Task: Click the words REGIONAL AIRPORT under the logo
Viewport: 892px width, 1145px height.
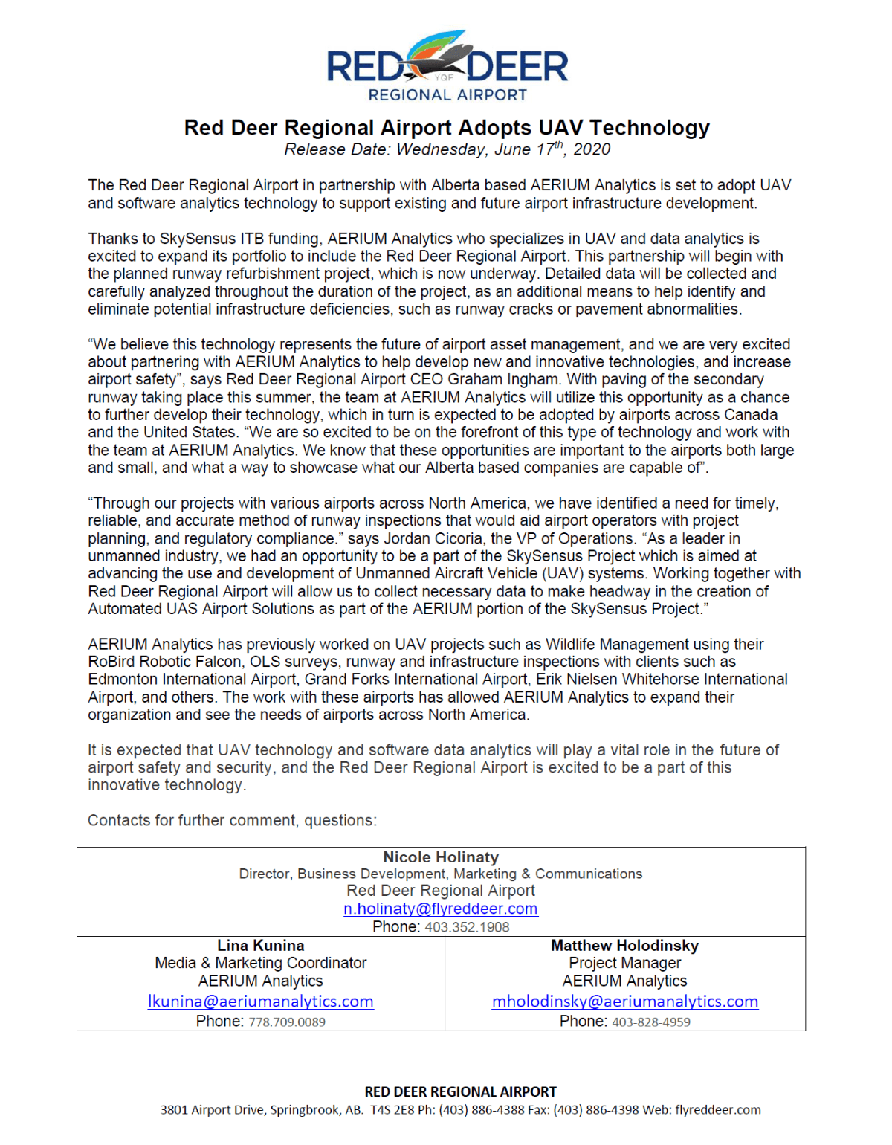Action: click(447, 95)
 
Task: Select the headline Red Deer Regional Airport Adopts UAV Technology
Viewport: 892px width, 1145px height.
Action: click(447, 128)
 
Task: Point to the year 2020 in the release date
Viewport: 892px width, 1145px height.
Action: click(592, 149)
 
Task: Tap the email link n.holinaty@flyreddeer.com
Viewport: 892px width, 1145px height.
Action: click(440, 909)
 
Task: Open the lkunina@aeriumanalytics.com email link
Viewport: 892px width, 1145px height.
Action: click(260, 1002)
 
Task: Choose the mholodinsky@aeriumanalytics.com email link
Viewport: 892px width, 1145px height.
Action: click(624, 1002)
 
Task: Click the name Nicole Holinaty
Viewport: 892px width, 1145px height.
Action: click(441, 857)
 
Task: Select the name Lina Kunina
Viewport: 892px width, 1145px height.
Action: click(260, 946)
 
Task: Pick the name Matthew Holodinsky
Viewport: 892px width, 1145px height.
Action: click(624, 946)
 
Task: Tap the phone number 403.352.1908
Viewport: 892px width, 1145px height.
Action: click(467, 927)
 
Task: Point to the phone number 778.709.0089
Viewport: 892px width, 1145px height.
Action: click(287, 1022)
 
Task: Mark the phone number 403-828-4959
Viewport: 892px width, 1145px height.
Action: click(651, 1022)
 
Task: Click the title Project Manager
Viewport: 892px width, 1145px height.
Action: click(624, 963)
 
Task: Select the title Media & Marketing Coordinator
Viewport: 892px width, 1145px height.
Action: click(260, 963)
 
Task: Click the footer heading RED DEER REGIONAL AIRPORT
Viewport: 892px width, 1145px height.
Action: click(460, 1091)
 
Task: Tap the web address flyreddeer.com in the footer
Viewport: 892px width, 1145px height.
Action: click(718, 1110)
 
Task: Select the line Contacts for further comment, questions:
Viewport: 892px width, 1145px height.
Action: click(232, 820)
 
